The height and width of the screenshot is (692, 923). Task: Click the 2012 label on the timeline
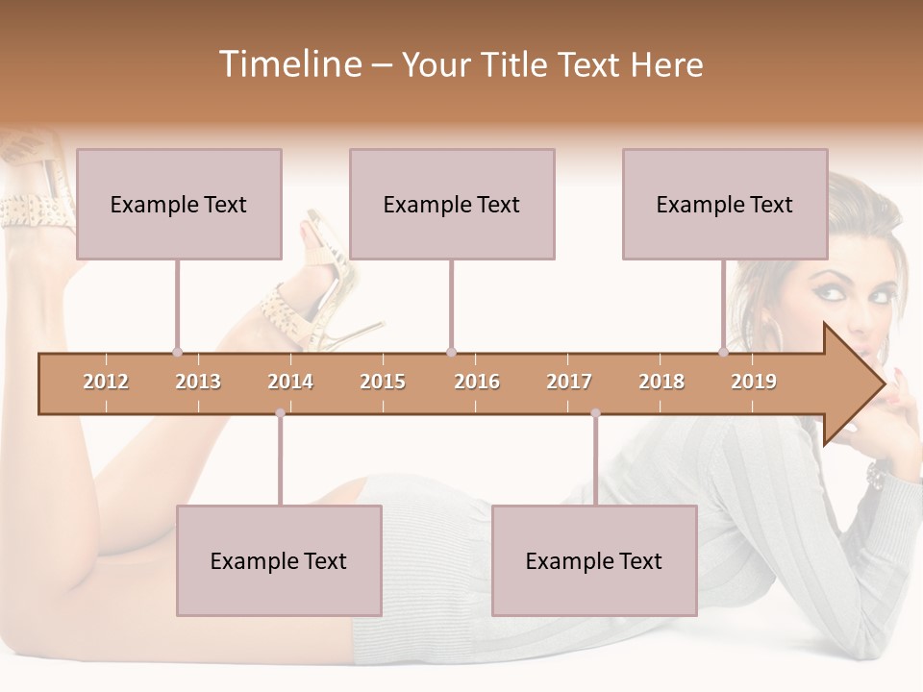coord(106,382)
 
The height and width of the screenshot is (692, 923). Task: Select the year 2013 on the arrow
coord(198,382)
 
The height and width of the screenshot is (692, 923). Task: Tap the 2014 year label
coord(290,382)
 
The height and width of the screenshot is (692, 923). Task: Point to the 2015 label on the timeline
coord(383,382)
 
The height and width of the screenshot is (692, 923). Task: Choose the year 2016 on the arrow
coord(477,382)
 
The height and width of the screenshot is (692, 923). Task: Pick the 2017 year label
coord(569,382)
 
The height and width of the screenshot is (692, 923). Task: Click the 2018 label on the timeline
coord(661,382)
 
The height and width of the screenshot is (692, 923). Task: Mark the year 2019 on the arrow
coord(754,382)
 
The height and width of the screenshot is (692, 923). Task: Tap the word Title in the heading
coord(518,64)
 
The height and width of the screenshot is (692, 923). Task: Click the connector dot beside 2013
coord(177,353)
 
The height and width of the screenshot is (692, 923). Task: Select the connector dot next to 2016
coord(451,353)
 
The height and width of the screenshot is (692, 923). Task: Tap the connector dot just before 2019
coord(724,353)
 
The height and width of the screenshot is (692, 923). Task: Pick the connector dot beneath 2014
coord(280,413)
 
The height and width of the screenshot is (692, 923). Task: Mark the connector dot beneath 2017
coord(595,413)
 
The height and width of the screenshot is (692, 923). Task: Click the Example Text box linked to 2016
coord(452,204)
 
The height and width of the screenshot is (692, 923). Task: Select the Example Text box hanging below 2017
coord(594,560)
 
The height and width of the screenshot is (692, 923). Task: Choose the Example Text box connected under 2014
coord(279,560)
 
